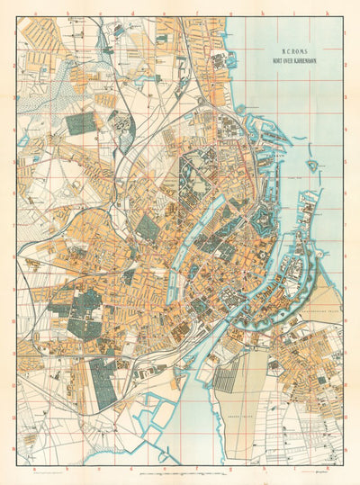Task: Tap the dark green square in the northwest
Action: pyautogui.click(x=80, y=123)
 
